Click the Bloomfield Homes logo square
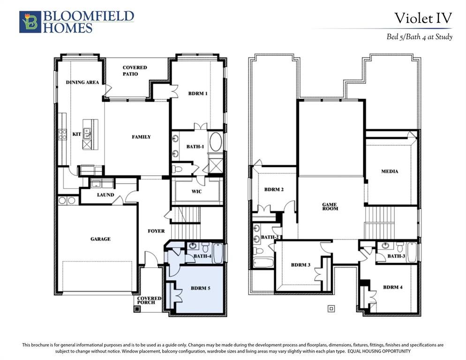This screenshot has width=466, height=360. (x=30, y=22)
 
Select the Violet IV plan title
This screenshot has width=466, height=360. (x=423, y=18)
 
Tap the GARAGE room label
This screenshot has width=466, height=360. (x=100, y=239)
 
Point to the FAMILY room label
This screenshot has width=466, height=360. (x=141, y=137)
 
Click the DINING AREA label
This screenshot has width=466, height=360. (x=83, y=82)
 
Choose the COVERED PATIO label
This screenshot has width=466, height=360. (x=135, y=70)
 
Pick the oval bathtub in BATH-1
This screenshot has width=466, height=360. (x=216, y=142)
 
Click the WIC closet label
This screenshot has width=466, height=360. (x=196, y=191)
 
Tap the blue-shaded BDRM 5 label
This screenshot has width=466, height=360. (x=200, y=288)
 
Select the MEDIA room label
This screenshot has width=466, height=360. (x=390, y=171)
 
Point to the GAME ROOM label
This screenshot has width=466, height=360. (x=330, y=207)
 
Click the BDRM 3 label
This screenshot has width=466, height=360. (x=301, y=264)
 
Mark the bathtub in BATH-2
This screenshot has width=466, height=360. (x=263, y=263)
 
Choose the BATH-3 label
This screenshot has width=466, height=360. (x=396, y=256)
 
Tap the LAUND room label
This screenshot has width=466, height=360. (x=105, y=195)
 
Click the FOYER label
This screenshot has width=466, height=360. (x=156, y=231)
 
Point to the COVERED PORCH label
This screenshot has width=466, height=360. (x=149, y=300)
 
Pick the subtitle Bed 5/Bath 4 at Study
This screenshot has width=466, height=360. (x=419, y=37)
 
